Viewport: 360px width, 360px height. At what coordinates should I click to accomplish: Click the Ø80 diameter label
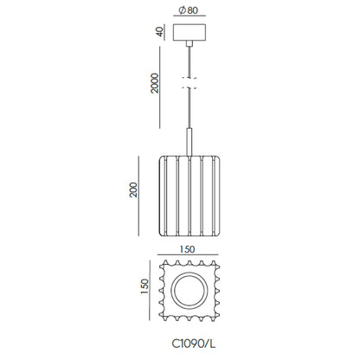tap(189, 10)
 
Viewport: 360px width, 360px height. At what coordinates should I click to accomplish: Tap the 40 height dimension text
tap(160, 31)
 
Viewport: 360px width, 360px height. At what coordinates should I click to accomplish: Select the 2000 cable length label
tap(155, 83)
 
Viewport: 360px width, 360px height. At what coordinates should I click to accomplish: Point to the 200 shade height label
tap(133, 190)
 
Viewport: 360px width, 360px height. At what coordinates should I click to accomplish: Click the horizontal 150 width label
tap(187, 249)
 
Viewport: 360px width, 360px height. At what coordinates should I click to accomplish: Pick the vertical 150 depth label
tap(145, 286)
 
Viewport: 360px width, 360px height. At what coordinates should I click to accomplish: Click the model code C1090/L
tap(194, 344)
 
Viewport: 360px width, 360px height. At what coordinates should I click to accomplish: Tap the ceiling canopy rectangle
tap(190, 32)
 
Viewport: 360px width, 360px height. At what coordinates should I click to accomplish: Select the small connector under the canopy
tap(190, 43)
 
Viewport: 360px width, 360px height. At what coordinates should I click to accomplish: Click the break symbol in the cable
tap(190, 83)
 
